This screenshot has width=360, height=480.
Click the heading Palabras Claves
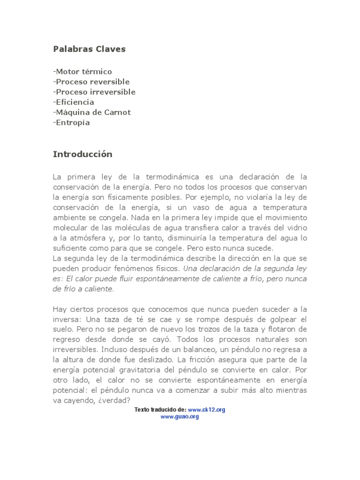point(89,49)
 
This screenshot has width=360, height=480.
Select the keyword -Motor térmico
point(82,72)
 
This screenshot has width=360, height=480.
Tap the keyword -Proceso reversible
point(91,82)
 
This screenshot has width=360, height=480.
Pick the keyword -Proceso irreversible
point(94,92)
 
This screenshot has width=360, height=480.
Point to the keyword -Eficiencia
point(74,102)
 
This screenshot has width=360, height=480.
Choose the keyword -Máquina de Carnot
point(92,112)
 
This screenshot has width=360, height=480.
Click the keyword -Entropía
point(71,123)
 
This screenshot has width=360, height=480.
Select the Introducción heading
point(82,154)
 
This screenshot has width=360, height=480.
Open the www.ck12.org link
point(207,409)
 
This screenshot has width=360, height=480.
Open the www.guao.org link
point(180,416)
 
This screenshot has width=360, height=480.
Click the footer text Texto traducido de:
point(160,409)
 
